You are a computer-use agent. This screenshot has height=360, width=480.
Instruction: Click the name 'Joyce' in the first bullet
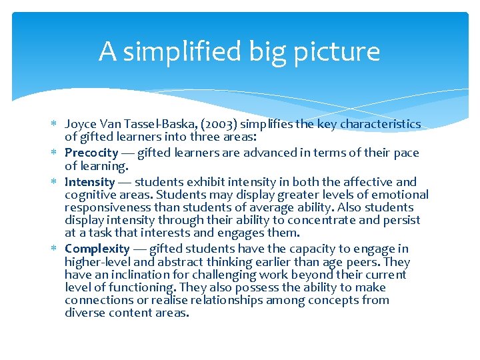(81, 124)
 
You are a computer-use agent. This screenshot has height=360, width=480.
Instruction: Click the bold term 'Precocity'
(91, 153)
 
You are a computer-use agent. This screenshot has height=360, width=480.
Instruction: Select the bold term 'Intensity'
(90, 182)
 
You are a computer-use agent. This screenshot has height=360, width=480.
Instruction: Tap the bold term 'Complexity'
(97, 249)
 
